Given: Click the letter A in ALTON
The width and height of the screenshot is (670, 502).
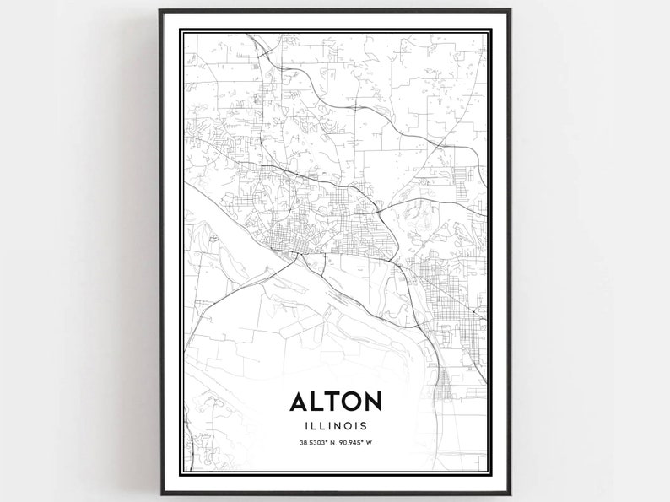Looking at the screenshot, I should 300,402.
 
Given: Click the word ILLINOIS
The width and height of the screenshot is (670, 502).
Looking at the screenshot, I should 337,426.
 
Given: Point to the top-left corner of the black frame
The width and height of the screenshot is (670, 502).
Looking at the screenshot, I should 160,11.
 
